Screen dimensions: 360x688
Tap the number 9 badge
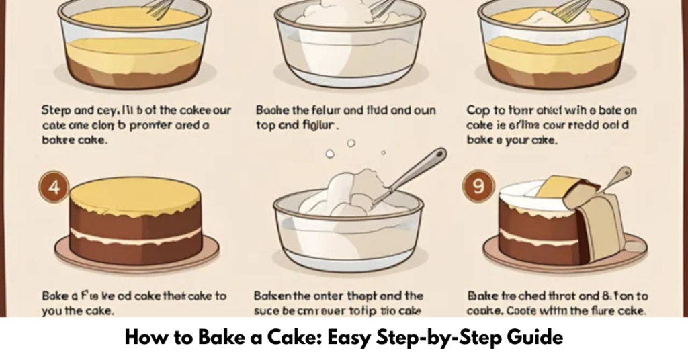point(478,187)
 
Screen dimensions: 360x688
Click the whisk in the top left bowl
point(159,9)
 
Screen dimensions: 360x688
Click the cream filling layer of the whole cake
point(136,235)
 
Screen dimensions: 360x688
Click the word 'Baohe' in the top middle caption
point(271,109)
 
